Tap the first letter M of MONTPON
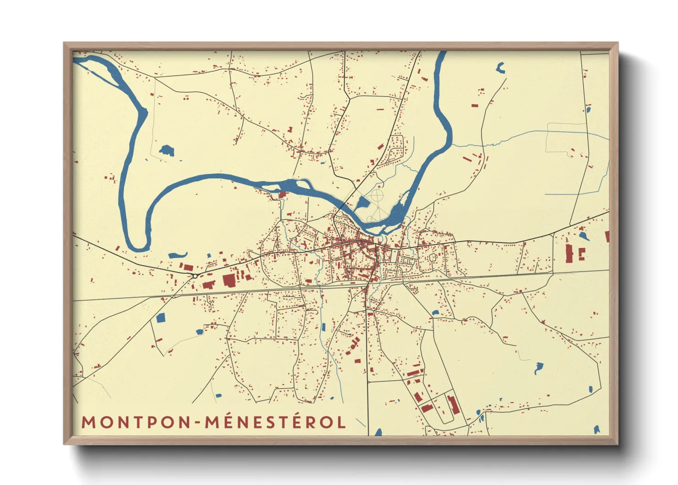click(x=88, y=423)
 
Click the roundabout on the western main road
click(x=196, y=276)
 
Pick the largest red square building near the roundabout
click(x=229, y=280)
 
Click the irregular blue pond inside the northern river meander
click(x=166, y=150)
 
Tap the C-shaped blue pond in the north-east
click(x=500, y=68)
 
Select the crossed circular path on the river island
click(x=377, y=197)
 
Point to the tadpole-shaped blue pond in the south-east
click(x=538, y=367)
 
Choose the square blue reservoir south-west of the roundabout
click(x=160, y=317)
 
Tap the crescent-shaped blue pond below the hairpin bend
click(x=178, y=255)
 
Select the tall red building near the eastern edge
click(x=569, y=253)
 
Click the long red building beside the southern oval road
click(x=453, y=404)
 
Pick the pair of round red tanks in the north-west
click(x=186, y=98)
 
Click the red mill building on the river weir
click(x=282, y=195)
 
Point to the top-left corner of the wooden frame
click(x=64, y=43)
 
